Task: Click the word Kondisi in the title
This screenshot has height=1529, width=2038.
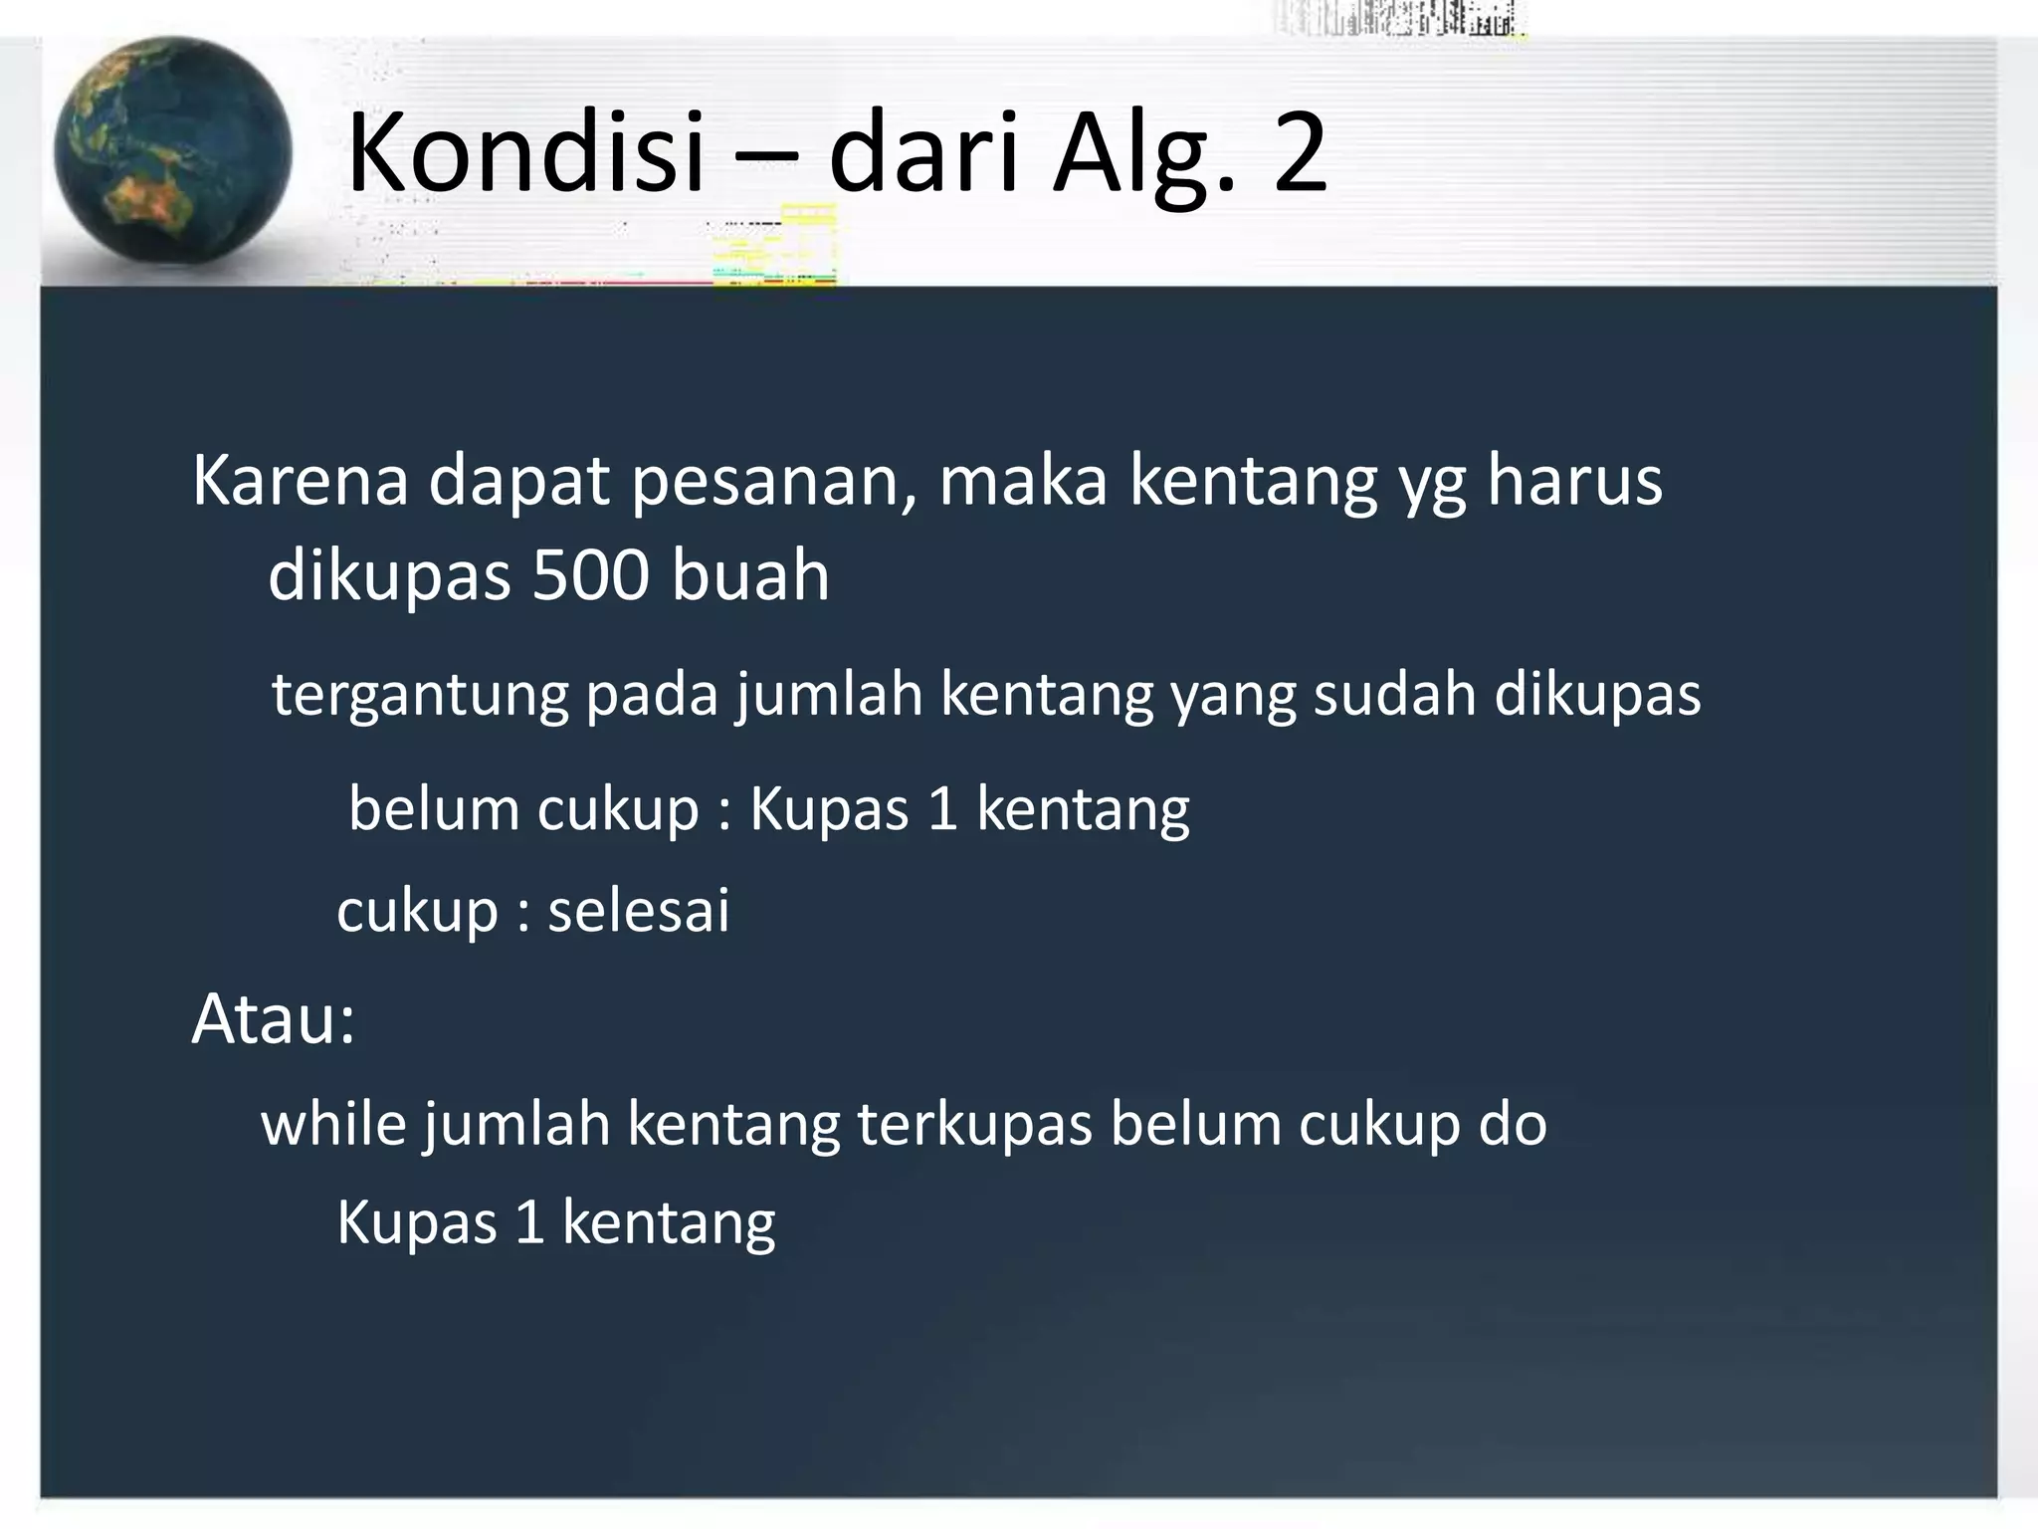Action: [525, 153]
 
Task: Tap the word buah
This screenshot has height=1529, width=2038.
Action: [750, 576]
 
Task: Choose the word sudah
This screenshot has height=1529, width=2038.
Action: [1394, 694]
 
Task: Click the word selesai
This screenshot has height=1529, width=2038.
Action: [639, 911]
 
